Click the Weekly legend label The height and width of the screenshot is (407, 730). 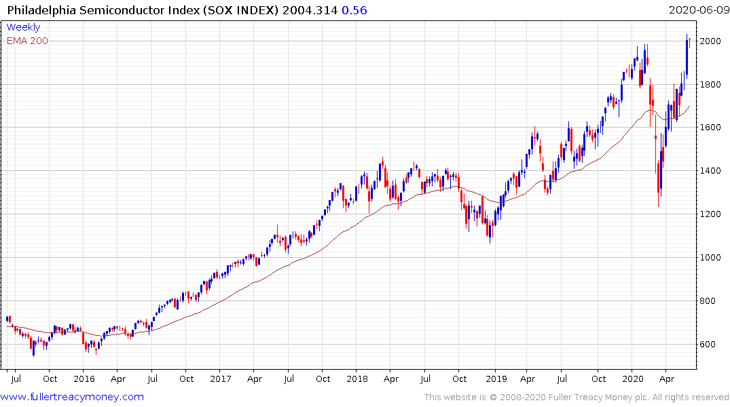pos(23,27)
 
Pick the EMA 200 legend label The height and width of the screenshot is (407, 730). pos(27,41)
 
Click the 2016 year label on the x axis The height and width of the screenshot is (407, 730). pos(84,379)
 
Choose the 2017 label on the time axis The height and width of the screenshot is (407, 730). pos(221,379)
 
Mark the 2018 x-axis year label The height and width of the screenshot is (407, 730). pos(357,379)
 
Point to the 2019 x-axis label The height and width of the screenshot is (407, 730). pos(496,379)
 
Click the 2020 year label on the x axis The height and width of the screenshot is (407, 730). pos(632,379)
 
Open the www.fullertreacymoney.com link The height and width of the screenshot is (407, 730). pos(72,397)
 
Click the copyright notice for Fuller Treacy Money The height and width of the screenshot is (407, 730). pos(577,398)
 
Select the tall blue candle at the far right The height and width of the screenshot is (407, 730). pos(687,58)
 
